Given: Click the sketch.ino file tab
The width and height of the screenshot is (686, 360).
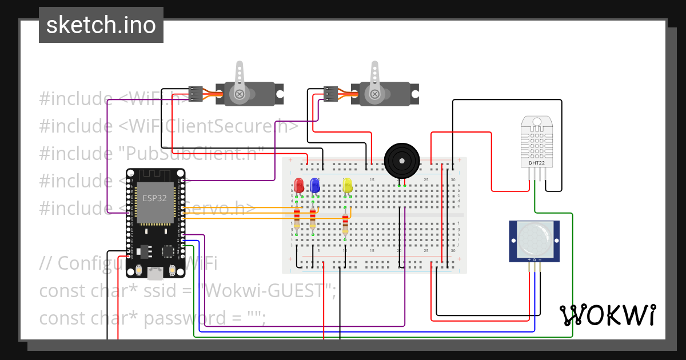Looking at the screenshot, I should (x=101, y=25).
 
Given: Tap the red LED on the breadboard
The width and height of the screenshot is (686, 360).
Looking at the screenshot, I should (x=298, y=185).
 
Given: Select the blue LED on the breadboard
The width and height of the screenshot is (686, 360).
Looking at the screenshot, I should (x=314, y=185).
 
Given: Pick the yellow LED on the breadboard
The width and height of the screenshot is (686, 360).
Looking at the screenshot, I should (x=347, y=185).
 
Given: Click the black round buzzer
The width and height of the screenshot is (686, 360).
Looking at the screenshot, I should (x=401, y=161).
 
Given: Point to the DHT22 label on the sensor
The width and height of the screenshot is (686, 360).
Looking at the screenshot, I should (x=536, y=162).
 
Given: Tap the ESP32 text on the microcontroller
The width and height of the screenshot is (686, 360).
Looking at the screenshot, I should (x=154, y=197).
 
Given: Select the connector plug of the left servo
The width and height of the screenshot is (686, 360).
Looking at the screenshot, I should (x=196, y=94).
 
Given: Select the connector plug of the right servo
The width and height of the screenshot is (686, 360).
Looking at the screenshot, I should (x=330, y=94).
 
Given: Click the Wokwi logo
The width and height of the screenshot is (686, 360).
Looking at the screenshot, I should (x=607, y=315).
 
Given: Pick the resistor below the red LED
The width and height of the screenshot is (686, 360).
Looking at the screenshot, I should (x=297, y=218).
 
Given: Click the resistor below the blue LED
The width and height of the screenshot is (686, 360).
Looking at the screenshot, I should (x=313, y=218).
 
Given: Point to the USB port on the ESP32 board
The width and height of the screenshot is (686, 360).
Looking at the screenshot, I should (x=154, y=274).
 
